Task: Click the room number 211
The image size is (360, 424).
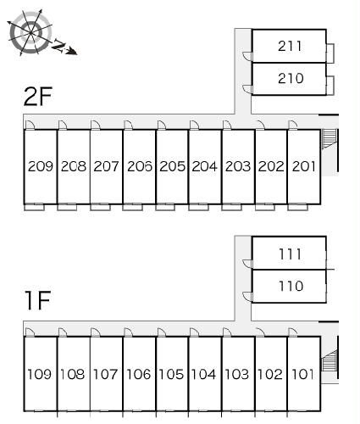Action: click(290, 46)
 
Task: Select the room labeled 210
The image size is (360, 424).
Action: click(291, 78)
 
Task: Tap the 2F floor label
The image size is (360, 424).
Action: click(38, 97)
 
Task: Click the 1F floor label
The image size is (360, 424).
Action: click(38, 300)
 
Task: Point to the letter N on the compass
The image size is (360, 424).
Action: click(58, 45)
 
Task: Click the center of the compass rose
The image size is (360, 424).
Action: click(30, 33)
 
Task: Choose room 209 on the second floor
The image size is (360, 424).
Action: click(41, 166)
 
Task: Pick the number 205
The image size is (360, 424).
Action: click(172, 166)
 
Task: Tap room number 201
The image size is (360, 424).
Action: click(304, 166)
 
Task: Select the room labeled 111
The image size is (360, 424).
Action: click(290, 254)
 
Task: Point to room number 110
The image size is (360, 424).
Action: click(291, 286)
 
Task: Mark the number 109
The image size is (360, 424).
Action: click(39, 374)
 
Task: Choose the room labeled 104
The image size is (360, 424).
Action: click(203, 374)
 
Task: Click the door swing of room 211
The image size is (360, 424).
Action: click(247, 56)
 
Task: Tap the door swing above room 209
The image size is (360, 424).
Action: click(30, 125)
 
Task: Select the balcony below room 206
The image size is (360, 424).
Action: click(133, 207)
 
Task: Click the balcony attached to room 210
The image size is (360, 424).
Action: click(330, 85)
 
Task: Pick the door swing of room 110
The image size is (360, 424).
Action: click(247, 297)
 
